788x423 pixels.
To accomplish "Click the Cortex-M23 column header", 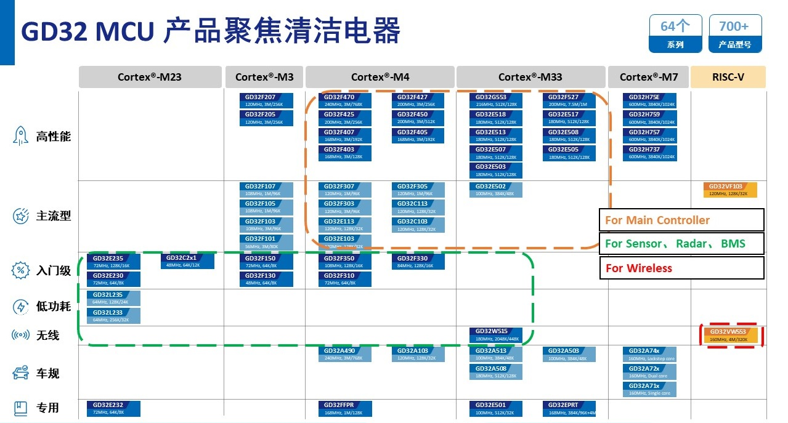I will tap(150, 77).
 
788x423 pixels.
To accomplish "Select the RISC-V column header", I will tap(728, 77).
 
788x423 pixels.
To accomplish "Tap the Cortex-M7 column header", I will tap(649, 77).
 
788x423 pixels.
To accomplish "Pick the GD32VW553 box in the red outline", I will tap(732, 336).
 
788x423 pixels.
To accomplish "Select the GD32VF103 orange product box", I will tap(729, 190).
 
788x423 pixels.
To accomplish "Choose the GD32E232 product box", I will tap(113, 408).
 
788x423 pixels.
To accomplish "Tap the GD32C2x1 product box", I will tap(187, 261).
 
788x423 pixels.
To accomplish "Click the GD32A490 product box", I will tap(344, 354).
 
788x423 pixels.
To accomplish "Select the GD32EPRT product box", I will tap(569, 408).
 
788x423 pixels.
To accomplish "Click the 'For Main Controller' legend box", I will tap(681, 220).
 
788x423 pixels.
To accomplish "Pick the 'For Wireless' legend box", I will tap(681, 268).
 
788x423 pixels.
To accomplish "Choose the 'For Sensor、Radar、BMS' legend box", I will tap(681, 243).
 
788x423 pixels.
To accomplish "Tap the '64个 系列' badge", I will tap(675, 33).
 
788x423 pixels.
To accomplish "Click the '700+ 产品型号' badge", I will tap(734, 33).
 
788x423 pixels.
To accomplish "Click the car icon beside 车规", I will tap(21, 373).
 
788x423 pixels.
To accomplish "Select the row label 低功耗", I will tap(53, 307).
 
